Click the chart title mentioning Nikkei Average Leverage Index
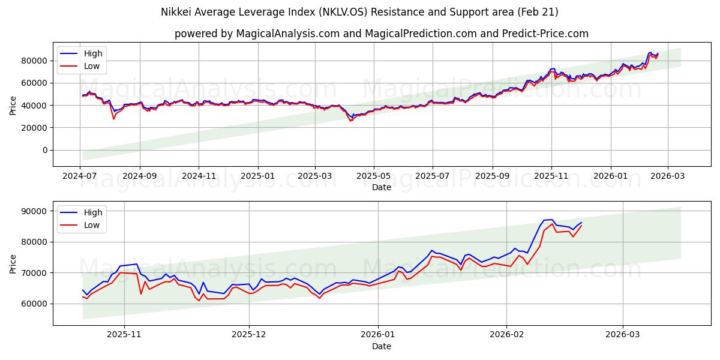[359, 12]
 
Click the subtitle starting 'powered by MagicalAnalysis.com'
[381, 34]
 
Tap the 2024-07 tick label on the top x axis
[80, 176]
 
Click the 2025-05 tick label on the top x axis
[374, 176]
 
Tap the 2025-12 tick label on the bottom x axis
[248, 335]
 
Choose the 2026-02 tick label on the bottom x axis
[506, 335]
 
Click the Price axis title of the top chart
[13, 105]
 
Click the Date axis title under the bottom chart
[381, 346]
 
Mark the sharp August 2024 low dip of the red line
[113, 119]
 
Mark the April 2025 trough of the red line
[351, 121]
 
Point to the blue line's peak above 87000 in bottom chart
[552, 220]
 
